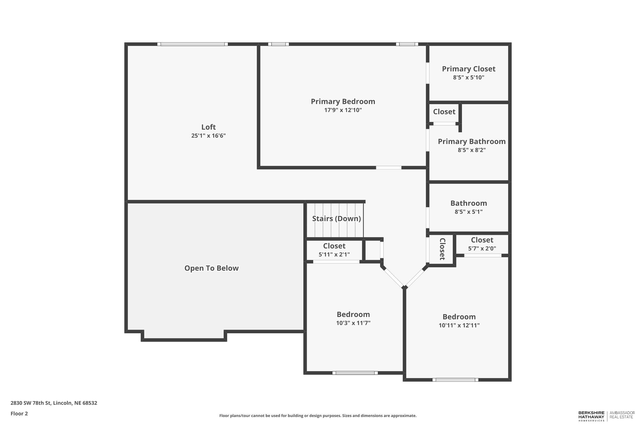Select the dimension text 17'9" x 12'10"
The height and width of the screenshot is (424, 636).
click(x=343, y=110)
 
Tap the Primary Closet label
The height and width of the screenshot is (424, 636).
click(x=468, y=69)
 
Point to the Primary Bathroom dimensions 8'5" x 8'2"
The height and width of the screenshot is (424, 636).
click(x=471, y=150)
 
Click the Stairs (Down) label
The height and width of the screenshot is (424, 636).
click(x=336, y=218)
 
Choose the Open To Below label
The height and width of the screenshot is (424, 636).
click(x=211, y=268)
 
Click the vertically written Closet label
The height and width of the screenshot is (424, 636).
click(x=442, y=249)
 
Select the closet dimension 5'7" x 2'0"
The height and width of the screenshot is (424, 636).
click(x=482, y=248)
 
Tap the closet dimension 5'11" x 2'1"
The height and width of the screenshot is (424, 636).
click(x=334, y=254)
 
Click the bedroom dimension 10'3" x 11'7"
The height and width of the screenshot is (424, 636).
click(x=353, y=323)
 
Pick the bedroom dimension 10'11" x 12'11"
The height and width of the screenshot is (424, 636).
click(x=459, y=325)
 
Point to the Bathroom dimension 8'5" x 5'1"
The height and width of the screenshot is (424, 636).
click(x=468, y=212)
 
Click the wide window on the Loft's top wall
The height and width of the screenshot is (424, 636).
click(x=192, y=44)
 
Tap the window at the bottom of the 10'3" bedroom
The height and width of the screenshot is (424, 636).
click(x=355, y=373)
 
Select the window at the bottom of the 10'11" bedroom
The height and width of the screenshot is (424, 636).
click(x=455, y=380)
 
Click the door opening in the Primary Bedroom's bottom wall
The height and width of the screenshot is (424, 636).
click(x=388, y=168)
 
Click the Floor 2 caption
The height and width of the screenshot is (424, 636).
click(x=19, y=414)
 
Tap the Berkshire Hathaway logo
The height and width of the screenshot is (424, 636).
click(x=591, y=416)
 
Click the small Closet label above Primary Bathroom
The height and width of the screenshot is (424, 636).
click(x=444, y=112)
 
